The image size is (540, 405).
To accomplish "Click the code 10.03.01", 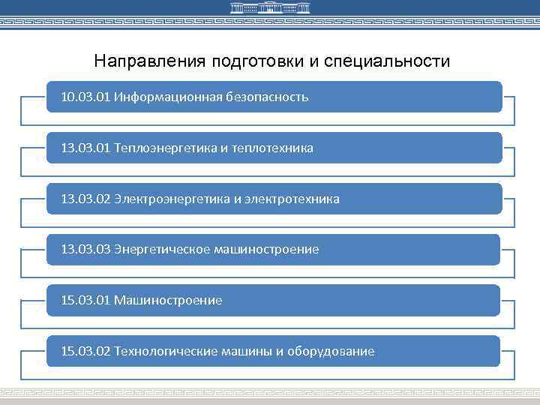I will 85,97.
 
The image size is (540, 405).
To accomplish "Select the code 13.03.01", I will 85,148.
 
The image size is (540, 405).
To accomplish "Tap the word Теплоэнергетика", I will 166,148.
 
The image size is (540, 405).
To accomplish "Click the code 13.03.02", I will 85,199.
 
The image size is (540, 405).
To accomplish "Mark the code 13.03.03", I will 85,250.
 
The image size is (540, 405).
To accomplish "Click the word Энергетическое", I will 161,250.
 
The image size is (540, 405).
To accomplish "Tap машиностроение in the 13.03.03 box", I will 266,250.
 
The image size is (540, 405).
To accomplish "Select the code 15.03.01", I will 85,301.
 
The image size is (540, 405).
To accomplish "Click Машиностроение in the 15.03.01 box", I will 168,301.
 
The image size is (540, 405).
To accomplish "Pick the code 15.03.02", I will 85,352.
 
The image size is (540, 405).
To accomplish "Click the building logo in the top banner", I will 269,8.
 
